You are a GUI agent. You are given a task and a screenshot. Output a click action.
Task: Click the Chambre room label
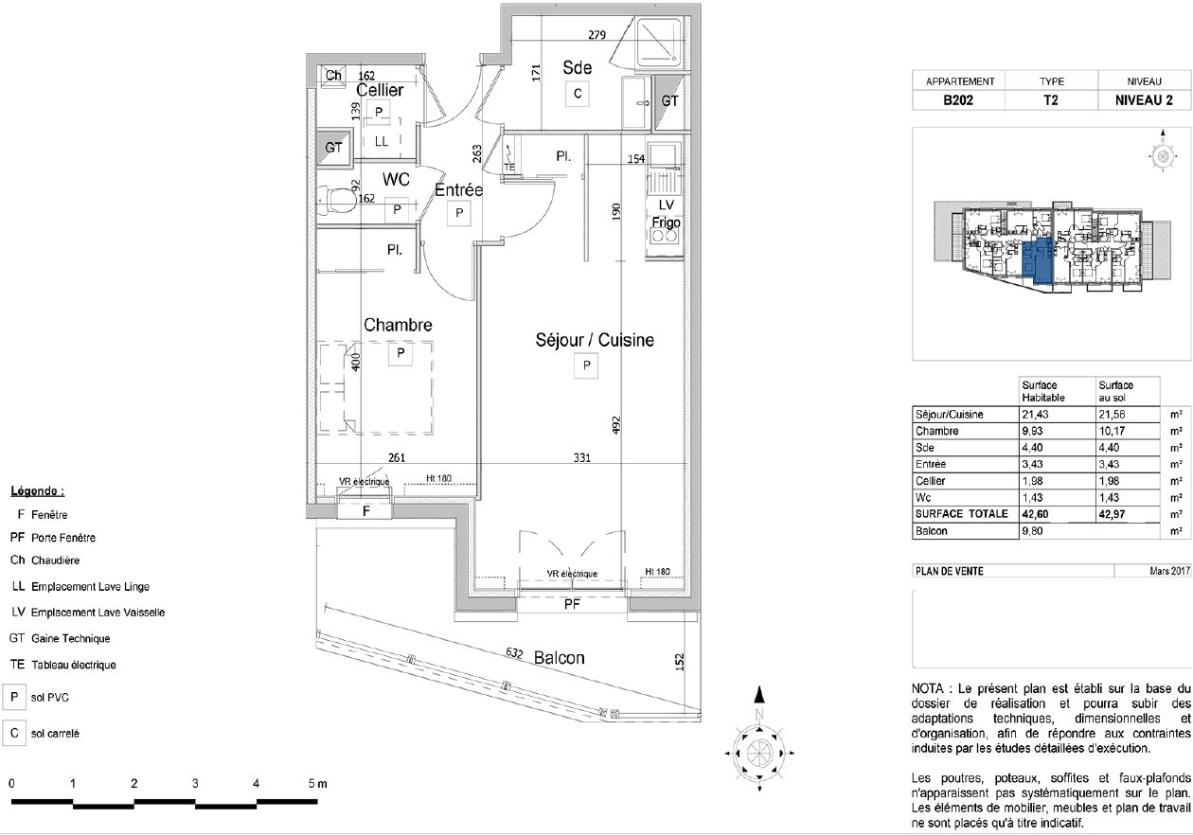398,325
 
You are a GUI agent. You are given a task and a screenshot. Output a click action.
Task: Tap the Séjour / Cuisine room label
595,340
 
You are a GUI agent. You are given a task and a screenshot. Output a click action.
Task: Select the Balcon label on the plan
560,658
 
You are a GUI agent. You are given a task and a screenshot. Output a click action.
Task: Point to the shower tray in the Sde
659,44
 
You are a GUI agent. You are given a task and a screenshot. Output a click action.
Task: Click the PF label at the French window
572,604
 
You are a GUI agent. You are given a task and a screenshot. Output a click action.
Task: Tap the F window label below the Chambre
365,511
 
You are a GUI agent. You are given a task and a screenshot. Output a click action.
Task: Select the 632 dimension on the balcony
514,653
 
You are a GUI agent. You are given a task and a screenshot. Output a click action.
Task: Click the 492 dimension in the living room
616,425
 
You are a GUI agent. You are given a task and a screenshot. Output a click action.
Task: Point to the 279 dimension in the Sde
597,35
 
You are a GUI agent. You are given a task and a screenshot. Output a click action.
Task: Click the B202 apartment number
958,100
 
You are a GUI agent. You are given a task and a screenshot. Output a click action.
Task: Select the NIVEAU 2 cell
1144,100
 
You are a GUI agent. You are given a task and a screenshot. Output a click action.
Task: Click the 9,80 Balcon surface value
1032,531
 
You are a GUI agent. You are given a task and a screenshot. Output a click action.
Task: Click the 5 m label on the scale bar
317,784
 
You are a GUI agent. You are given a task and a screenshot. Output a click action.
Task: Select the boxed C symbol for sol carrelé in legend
14,733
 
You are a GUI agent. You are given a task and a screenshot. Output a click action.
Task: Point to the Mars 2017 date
1169,571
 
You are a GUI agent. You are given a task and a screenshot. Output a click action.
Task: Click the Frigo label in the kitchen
667,222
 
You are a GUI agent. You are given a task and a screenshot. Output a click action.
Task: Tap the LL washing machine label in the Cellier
382,142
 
